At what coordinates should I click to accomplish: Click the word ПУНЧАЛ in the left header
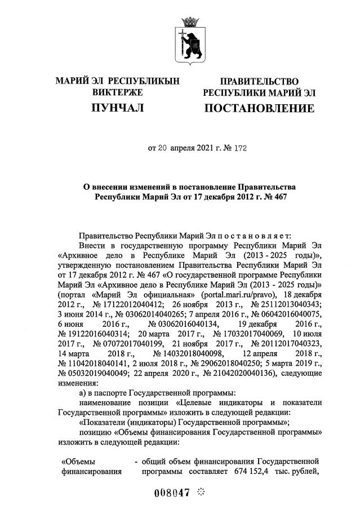(x=117, y=107)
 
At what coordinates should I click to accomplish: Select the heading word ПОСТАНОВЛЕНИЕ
(x=259, y=108)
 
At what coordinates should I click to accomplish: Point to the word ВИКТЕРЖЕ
(x=117, y=92)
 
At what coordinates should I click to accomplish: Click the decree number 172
(x=239, y=149)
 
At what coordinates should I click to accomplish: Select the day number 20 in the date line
(x=162, y=149)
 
